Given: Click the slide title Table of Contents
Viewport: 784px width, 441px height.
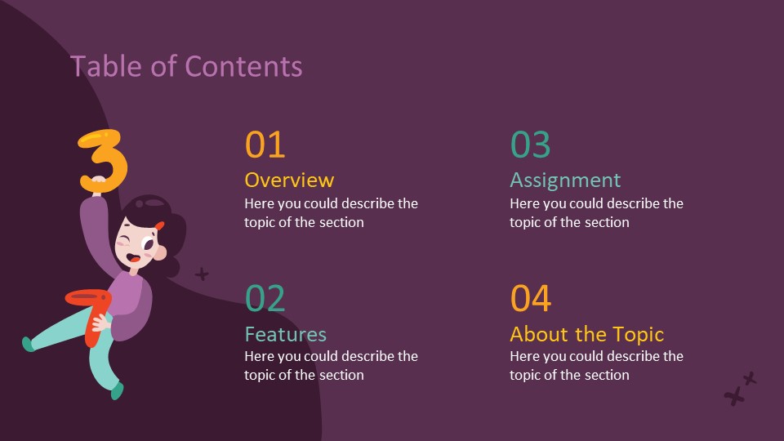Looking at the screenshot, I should click(x=186, y=66).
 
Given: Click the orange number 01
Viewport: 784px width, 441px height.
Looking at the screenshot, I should click(x=265, y=145).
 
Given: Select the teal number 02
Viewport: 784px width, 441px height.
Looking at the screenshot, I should click(x=265, y=299).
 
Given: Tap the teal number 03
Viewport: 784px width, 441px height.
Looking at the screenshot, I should click(x=531, y=145).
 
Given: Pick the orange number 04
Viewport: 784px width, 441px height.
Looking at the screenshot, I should click(x=531, y=299).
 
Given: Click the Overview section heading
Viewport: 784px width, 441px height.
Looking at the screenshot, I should click(x=289, y=180).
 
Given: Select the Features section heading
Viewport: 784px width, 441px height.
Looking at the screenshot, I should click(x=286, y=334).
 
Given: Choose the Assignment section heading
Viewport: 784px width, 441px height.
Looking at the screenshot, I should click(x=565, y=180).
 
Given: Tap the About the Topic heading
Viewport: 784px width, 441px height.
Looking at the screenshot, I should click(x=586, y=334).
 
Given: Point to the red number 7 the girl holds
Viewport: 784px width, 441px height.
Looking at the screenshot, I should click(x=92, y=306).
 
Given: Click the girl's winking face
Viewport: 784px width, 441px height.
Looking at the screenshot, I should click(x=136, y=244).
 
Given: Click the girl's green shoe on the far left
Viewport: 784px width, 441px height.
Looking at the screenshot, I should click(x=29, y=344).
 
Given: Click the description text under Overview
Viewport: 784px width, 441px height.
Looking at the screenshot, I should click(x=331, y=212).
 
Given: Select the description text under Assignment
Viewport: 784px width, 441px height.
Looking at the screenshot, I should click(x=596, y=212).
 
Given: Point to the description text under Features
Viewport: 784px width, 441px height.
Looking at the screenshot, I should click(x=331, y=365).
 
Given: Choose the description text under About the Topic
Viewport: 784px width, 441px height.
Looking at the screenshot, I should click(x=596, y=365).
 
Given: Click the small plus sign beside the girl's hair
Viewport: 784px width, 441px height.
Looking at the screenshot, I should click(x=202, y=274).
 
